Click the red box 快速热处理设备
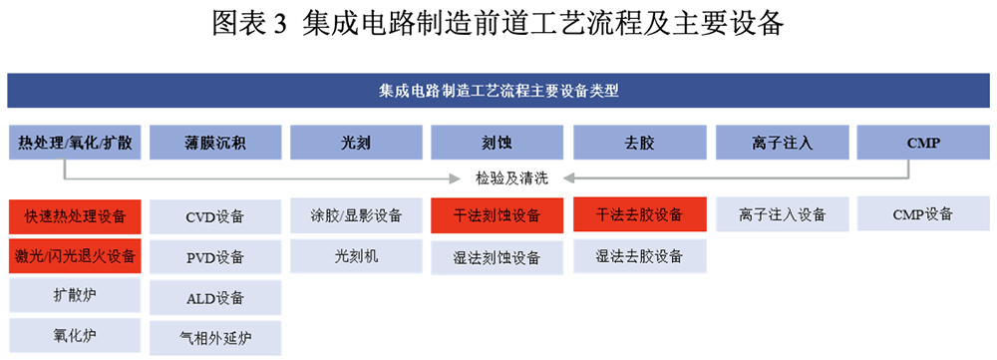point(75,215)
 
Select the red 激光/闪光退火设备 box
point(75,256)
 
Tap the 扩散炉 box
point(75,296)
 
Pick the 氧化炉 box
point(75,335)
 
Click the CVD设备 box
point(215,216)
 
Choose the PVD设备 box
point(215,257)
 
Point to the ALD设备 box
point(215,297)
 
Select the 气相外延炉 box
point(215,338)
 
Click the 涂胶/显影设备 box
point(356,215)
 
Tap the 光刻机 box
point(356,256)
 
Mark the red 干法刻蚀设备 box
point(498,215)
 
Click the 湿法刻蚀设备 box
point(498,257)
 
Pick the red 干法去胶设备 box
point(640,214)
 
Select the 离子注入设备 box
point(782,214)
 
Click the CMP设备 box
point(923,214)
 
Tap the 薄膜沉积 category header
point(215,143)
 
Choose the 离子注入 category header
point(782,143)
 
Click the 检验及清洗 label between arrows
point(511,179)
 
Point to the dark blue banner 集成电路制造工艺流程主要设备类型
point(498,91)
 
